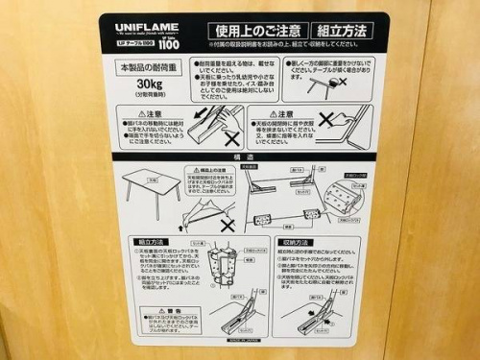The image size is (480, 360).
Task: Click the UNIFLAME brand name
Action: click(143, 30)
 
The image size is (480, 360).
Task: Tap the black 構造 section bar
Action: click(245, 156)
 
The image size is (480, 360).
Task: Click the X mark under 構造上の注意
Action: click(228, 224)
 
